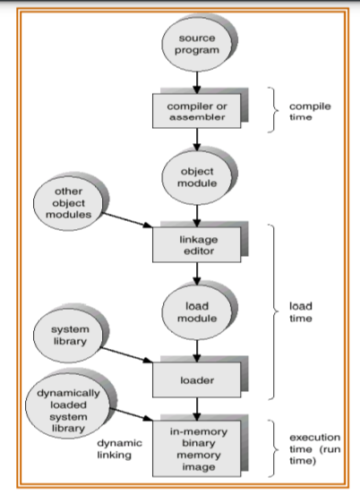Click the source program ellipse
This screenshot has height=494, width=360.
(197, 44)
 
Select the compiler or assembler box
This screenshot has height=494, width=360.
(197, 111)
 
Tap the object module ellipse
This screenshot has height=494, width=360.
(197, 178)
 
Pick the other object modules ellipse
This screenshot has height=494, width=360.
(68, 203)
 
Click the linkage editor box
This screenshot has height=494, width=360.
(197, 245)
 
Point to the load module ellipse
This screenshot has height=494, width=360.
(197, 312)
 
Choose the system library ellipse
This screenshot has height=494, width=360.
(68, 335)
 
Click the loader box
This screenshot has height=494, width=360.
(197, 380)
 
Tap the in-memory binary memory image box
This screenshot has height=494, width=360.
(197, 449)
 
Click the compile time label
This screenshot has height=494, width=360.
(310, 112)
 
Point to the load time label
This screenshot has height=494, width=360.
(301, 312)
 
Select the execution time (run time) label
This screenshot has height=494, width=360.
(315, 449)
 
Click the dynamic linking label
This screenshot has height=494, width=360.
(119, 449)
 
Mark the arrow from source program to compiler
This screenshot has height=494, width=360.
(197, 82)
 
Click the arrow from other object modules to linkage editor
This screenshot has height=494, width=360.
(127, 220)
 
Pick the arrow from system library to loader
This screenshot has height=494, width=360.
(127, 355)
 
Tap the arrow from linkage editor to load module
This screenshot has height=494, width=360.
(197, 274)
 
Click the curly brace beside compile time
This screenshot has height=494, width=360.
(273, 110)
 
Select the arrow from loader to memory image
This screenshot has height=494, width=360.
(197, 409)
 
